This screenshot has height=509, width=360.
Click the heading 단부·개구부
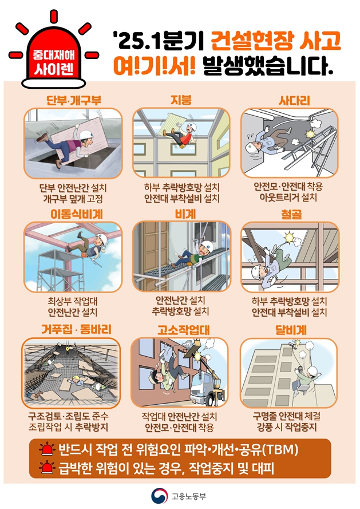click(74, 100)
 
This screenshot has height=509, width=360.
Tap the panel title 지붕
click(181, 100)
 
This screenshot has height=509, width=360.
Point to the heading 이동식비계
click(77, 214)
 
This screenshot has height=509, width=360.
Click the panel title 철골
click(291, 215)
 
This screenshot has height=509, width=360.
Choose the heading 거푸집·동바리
click(76, 329)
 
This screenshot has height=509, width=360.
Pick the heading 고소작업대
click(183, 330)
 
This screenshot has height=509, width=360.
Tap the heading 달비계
click(291, 330)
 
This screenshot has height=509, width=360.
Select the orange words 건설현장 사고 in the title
click(276, 41)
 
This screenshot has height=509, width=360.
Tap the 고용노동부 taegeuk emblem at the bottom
click(159, 496)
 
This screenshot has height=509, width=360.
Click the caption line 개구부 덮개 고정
click(73, 198)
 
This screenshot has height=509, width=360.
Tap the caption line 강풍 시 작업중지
click(287, 427)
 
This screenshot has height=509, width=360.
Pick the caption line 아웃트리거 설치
click(288, 198)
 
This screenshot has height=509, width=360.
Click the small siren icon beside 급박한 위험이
click(47, 467)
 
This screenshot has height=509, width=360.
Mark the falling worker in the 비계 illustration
click(190, 254)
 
